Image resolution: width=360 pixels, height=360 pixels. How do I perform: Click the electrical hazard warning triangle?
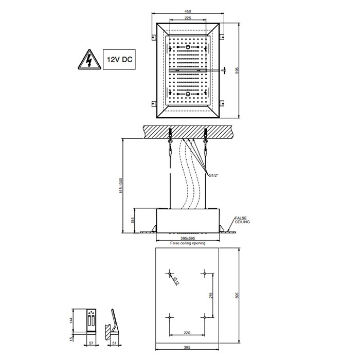[x=87, y=60]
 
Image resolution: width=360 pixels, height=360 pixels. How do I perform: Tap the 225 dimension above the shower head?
[x=188, y=18]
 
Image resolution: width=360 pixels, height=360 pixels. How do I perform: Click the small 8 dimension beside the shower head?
[x=223, y=70]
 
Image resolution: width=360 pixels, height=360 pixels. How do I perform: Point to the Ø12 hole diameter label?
[x=174, y=280]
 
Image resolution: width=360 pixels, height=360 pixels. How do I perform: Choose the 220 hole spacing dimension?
[x=187, y=333]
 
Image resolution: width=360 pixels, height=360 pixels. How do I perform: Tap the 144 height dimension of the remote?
[x=71, y=321]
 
